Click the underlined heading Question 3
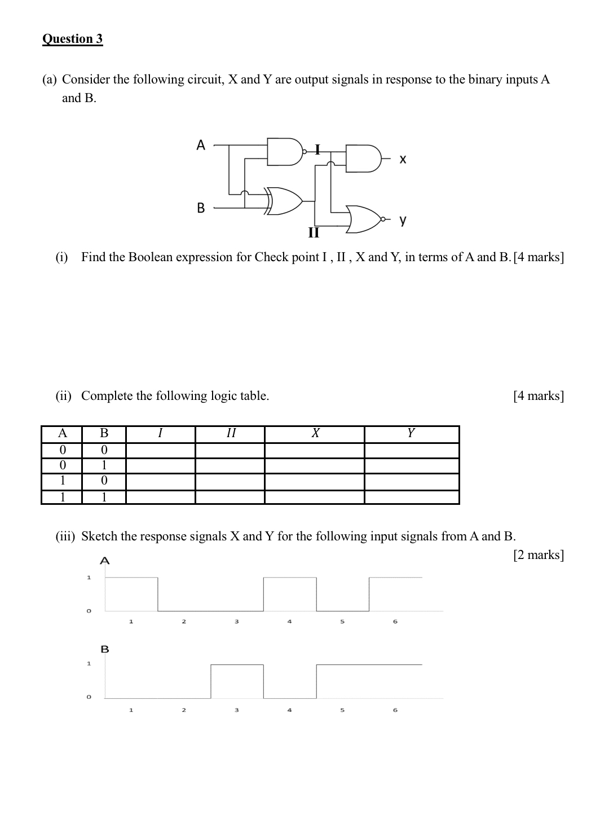73,39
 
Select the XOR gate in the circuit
285,200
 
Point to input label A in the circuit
201,146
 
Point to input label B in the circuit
201,208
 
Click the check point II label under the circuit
314,232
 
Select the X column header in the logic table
315,433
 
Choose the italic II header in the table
230,433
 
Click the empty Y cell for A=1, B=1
412,497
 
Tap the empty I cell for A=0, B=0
160,450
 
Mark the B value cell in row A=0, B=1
104,465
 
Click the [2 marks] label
538,555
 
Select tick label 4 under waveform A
289,622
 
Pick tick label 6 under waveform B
395,710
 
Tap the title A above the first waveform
104,561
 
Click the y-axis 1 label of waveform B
88,664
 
